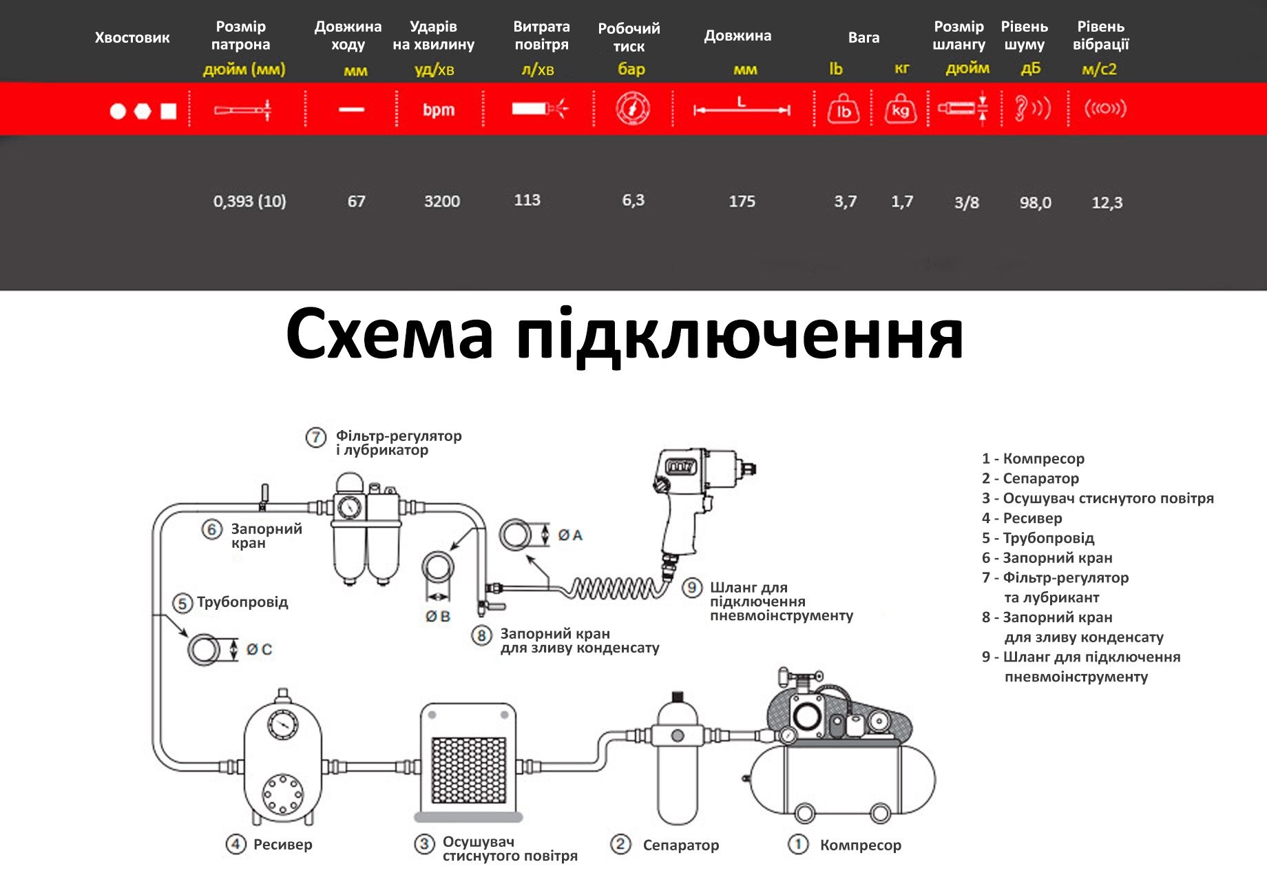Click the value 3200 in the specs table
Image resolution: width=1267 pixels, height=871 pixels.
[441, 201]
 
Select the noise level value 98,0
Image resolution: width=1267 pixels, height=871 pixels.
[1035, 203]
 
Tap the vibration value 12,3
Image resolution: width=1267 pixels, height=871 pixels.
[1107, 203]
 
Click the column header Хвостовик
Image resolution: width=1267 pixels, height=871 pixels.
[132, 38]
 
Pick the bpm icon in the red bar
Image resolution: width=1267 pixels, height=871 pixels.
[439, 110]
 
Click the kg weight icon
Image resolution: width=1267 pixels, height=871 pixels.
[901, 110]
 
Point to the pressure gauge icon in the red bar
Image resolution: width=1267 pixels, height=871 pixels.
[632, 109]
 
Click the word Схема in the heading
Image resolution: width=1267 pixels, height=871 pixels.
[390, 335]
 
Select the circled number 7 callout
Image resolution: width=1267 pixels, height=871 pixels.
[315, 438]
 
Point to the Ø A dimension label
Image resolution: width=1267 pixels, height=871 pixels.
[569, 535]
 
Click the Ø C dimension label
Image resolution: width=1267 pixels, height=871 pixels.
[259, 649]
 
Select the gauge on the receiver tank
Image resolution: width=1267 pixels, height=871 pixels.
[282, 724]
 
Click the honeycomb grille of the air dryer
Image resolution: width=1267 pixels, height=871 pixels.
[468, 769]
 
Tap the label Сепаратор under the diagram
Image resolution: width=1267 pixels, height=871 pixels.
[680, 845]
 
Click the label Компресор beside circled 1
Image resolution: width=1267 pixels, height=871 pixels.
[860, 845]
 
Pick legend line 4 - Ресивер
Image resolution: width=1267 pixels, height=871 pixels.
[1022, 518]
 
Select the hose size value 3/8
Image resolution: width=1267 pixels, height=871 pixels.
[966, 203]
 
